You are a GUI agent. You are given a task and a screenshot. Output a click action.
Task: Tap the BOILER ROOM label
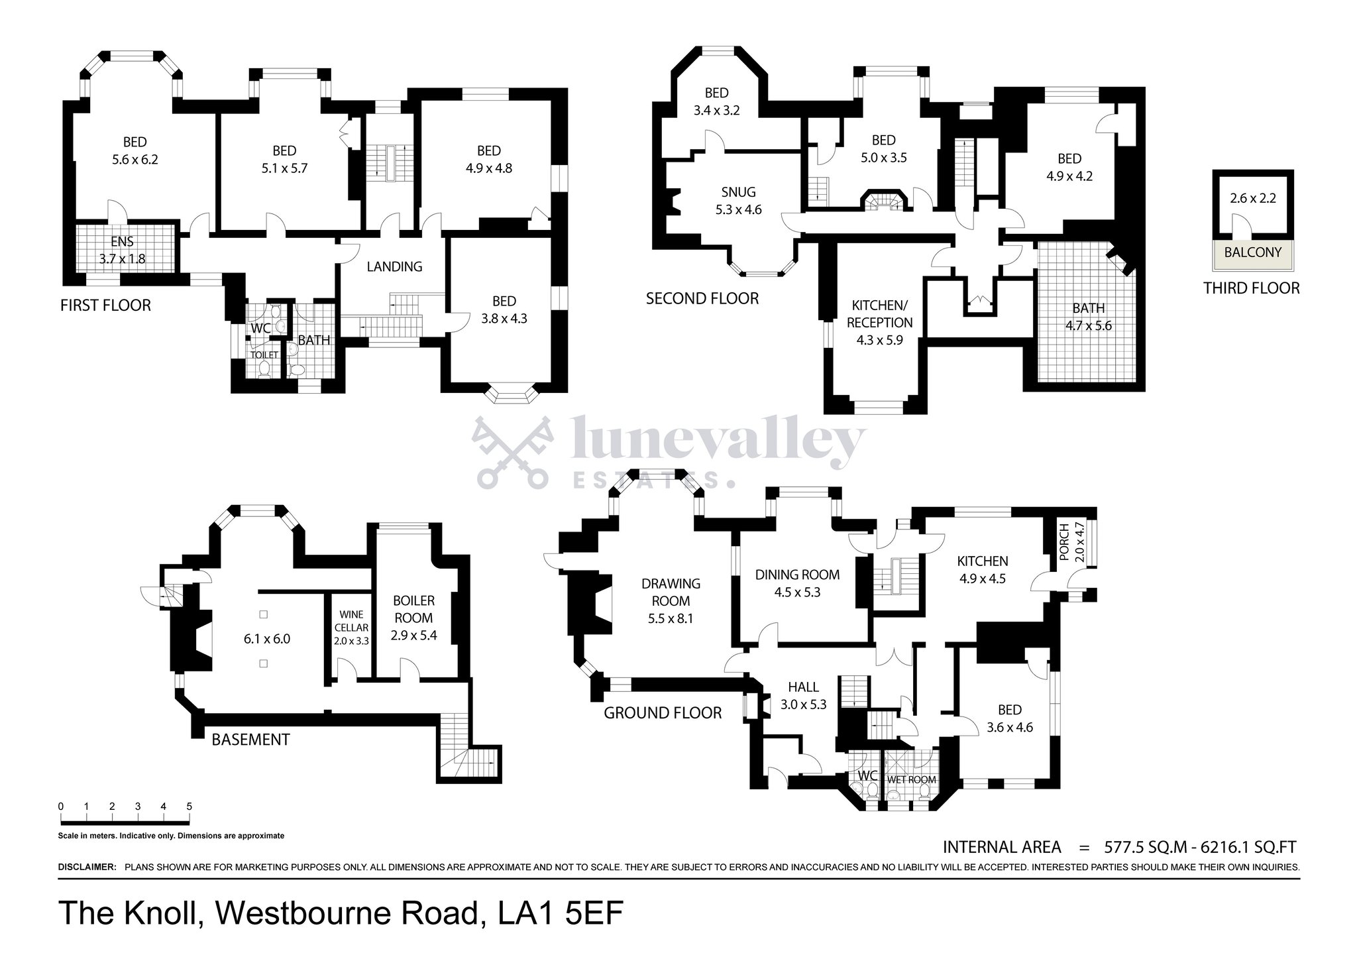[413, 609]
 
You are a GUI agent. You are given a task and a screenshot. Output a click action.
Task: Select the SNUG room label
[738, 192]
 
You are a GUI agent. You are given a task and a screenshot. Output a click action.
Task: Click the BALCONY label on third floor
[1252, 253]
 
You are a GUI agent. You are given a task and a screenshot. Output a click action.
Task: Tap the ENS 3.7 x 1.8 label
[122, 251]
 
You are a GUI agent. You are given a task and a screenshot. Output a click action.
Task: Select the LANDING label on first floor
[394, 266]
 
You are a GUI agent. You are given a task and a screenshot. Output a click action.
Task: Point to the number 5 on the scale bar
[190, 807]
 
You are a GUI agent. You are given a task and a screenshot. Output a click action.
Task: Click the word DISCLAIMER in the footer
[87, 867]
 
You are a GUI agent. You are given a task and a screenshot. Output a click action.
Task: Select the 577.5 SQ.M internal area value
[1145, 847]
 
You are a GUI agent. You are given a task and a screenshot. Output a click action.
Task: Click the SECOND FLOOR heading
[702, 299]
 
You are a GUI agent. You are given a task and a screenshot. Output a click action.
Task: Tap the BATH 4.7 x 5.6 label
[1088, 316]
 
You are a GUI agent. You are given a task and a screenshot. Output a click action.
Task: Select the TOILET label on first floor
[264, 355]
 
